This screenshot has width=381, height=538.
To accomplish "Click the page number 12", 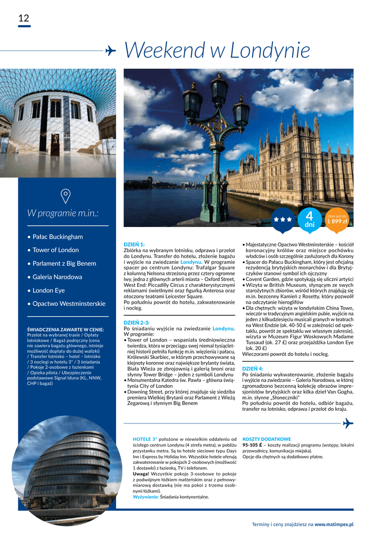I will [x=24, y=18].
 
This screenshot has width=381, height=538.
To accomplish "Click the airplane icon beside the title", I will [x=110, y=50].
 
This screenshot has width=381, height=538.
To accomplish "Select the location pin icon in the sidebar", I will [x=66, y=196].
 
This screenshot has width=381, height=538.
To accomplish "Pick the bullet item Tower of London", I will [x=55, y=250].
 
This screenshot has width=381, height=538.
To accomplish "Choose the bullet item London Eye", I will [x=48, y=290].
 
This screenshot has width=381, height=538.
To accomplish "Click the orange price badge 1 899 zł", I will [x=337, y=219].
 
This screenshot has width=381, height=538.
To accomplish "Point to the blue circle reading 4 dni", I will [x=309, y=220].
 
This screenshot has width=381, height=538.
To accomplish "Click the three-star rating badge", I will [x=283, y=220].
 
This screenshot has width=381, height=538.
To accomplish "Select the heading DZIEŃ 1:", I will [x=134, y=244].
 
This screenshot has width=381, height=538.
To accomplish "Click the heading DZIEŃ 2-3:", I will [x=137, y=322].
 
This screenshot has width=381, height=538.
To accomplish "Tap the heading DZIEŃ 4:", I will [x=253, y=368].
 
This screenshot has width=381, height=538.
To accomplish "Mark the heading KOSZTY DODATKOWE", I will [x=266, y=439].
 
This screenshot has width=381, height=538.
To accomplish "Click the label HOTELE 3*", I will [x=145, y=439].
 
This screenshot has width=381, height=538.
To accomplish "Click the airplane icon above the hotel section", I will [x=348, y=423].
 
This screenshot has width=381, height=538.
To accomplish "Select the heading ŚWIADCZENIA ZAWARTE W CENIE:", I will [x=65, y=329].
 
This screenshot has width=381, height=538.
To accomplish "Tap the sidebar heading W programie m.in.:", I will [x=63, y=213].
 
